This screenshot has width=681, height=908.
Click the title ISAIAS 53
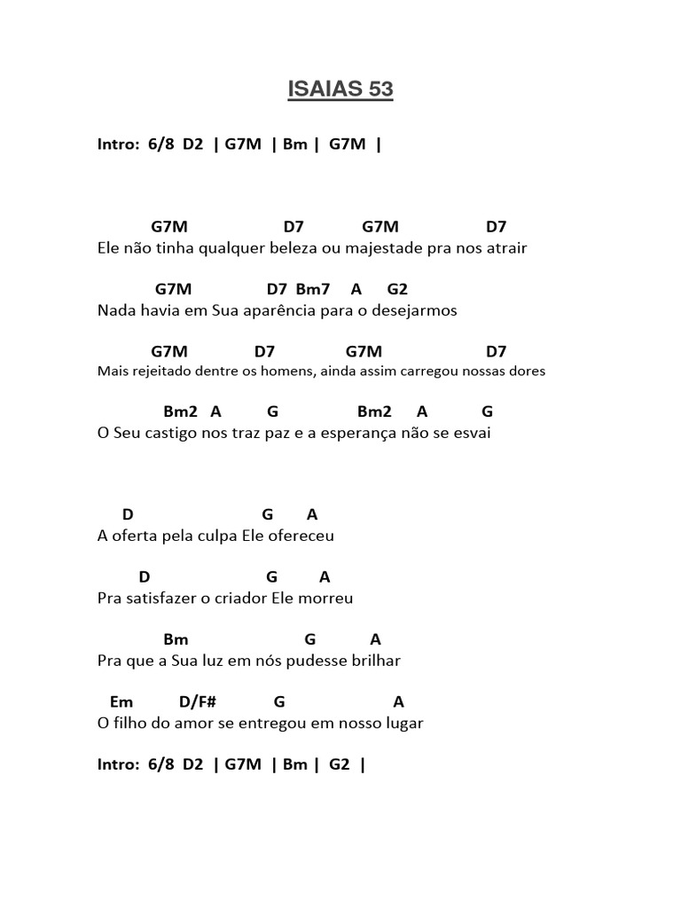pos(340,90)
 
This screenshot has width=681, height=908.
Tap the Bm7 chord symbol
pos(313,289)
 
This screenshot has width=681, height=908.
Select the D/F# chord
pos(198,701)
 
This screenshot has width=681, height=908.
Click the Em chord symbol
pos(121,701)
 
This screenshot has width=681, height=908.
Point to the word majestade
pos(380,248)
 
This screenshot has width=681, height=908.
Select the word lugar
pos(403,723)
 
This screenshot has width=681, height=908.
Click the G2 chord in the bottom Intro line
pos(340,764)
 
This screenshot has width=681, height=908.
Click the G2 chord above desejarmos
pos(397,289)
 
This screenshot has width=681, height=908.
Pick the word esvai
pos(472,434)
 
